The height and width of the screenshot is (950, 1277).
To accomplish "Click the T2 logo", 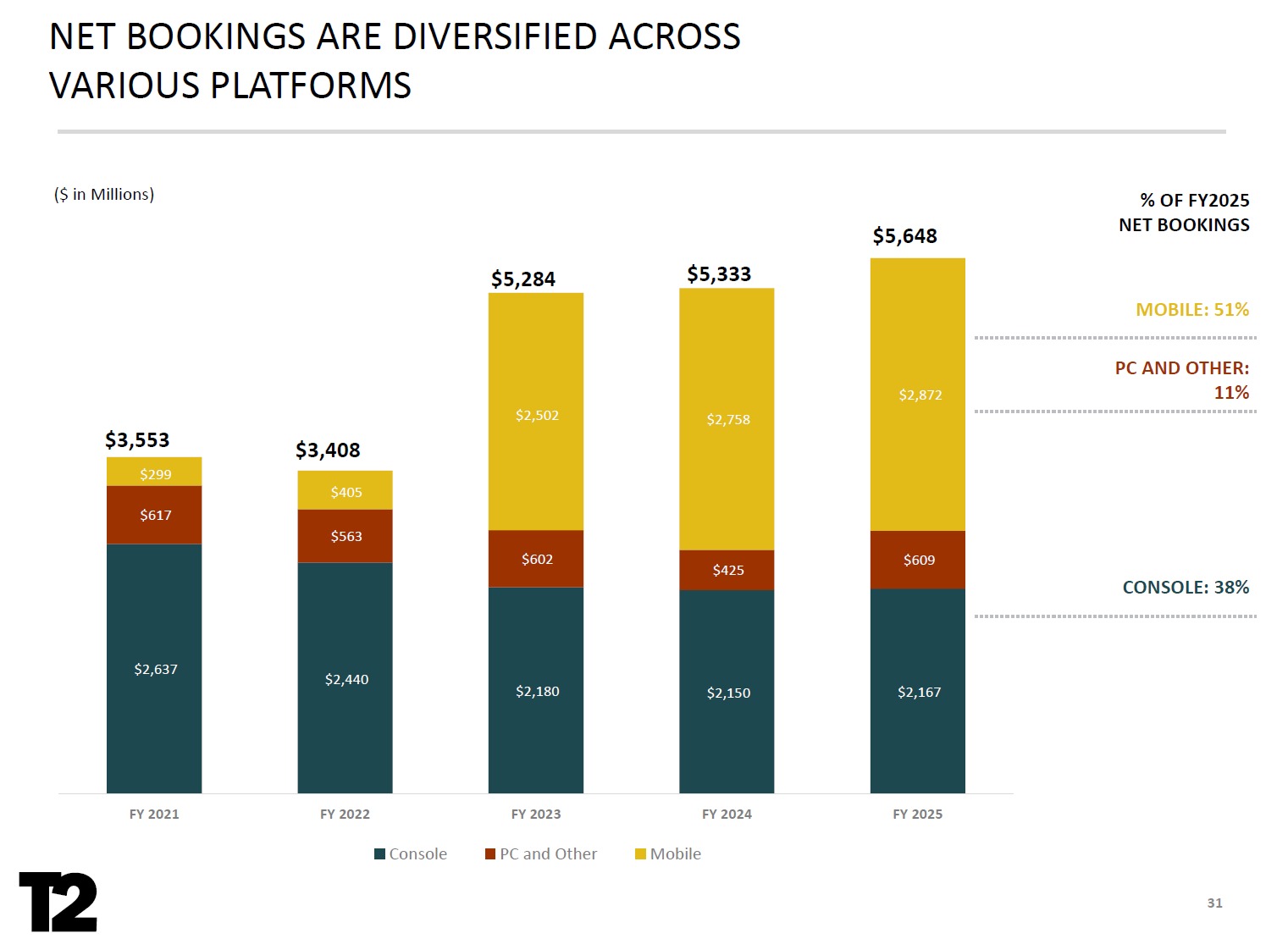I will click(58, 902).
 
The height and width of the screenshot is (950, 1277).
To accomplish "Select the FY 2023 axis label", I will click(536, 815).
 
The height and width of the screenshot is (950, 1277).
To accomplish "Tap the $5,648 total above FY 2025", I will click(904, 236).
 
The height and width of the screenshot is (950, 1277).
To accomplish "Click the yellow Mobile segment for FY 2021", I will click(155, 472).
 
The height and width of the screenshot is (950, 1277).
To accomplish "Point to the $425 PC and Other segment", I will click(727, 570).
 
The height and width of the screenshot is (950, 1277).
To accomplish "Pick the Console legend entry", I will click(411, 854).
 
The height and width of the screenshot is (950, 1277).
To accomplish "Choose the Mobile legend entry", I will click(668, 854).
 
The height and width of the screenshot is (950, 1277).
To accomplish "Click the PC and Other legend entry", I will click(541, 854).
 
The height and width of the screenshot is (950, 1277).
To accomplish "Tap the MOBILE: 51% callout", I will click(1192, 310).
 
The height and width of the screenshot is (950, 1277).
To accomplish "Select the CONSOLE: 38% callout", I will click(1186, 588).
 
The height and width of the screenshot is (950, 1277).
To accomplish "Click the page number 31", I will click(1214, 903).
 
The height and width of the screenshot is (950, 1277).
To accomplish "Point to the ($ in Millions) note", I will click(104, 195).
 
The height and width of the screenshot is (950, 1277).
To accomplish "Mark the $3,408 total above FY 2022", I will click(328, 450).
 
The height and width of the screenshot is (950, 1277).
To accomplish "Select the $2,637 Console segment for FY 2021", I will click(155, 669).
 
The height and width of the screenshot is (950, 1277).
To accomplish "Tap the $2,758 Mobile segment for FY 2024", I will click(727, 420).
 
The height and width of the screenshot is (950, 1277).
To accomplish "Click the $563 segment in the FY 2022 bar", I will click(346, 536).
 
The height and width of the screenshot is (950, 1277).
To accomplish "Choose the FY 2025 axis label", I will click(917, 815).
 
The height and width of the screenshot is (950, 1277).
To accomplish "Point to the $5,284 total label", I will click(523, 279).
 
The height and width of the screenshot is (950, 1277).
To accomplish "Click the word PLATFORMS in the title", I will click(310, 86).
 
